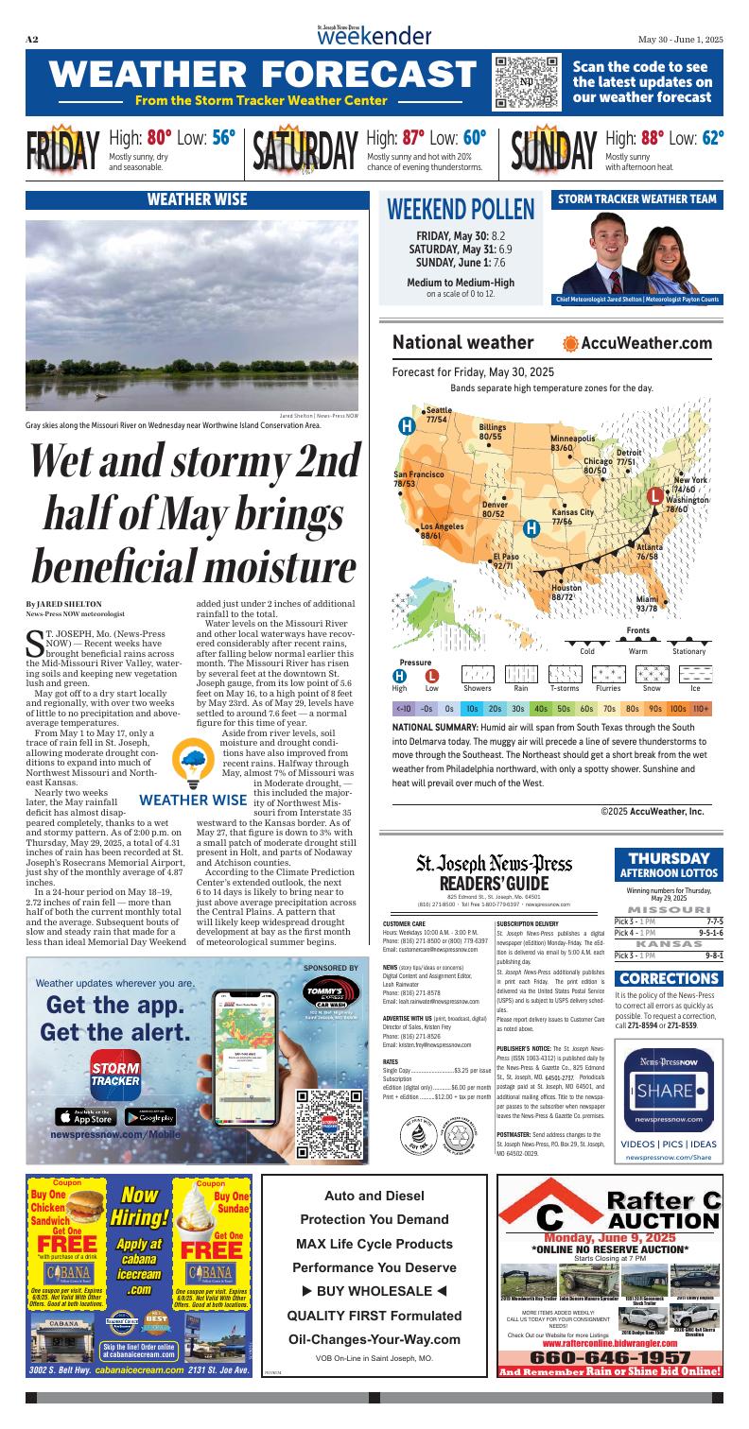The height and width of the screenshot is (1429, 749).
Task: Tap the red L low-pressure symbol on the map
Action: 653,494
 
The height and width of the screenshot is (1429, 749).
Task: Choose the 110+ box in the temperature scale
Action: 701,706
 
